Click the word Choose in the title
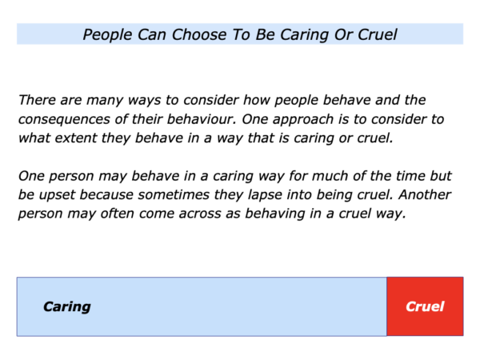pos(199,34)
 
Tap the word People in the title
pos(107,34)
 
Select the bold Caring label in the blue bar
pos(67,306)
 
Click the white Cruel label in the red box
pos(425,306)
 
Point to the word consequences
pos(64,119)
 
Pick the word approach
pos(303,119)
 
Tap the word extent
pos(76,138)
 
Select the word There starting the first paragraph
pos(38,100)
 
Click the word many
pos(105,101)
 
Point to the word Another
pos(425,194)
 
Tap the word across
pos(200,214)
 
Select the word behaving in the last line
pos(275,214)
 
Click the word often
pos(118,213)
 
